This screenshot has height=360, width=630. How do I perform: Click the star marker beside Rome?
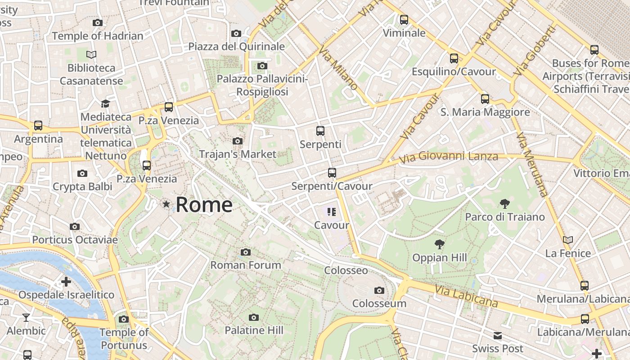(166, 204)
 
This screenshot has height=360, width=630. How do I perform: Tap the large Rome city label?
(204, 205)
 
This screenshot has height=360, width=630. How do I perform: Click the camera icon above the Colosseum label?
(379, 290)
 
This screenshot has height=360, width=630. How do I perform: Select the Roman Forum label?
(246, 265)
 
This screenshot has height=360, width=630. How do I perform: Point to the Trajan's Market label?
(238, 154)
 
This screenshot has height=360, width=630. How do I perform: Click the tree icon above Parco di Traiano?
(504, 204)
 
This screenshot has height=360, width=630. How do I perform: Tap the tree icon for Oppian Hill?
(440, 244)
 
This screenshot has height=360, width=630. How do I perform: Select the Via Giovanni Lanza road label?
(449, 157)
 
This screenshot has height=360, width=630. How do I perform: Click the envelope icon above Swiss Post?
(498, 335)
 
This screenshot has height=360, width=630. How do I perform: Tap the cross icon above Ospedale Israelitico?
(66, 282)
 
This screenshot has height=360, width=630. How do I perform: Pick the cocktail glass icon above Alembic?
(26, 318)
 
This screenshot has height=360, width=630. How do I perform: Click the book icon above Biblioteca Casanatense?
(91, 55)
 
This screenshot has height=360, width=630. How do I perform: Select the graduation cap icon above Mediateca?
(105, 104)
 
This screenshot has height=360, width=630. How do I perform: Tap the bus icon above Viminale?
(404, 20)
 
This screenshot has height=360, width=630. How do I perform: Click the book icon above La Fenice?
(568, 240)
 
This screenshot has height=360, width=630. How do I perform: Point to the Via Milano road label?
(339, 68)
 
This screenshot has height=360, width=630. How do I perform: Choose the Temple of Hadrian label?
(98, 36)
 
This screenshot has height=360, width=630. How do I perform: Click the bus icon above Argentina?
(38, 126)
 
